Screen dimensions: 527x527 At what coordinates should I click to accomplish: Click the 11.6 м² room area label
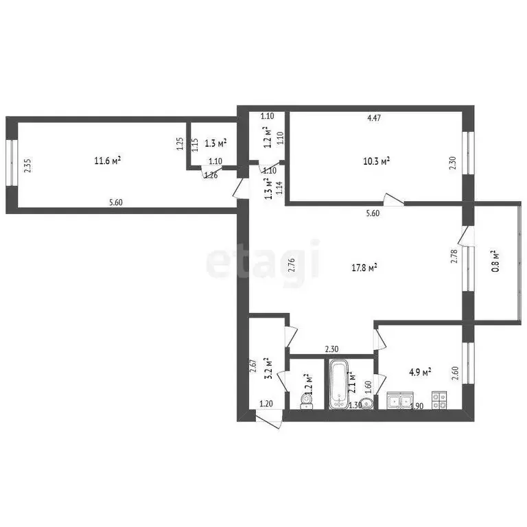point(108,161)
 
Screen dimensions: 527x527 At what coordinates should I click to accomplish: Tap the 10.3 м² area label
point(377,161)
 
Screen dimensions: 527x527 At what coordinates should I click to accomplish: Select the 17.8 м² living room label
point(363,267)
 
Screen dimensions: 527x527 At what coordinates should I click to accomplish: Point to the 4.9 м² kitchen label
point(420,373)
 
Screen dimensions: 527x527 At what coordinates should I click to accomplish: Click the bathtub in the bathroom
point(338,385)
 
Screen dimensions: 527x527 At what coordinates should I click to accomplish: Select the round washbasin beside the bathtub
point(367,403)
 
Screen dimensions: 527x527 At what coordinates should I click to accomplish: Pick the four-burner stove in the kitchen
point(439,399)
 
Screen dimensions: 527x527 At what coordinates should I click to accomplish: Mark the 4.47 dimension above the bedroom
point(373,118)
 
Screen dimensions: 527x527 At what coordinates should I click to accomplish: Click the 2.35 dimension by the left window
point(27,167)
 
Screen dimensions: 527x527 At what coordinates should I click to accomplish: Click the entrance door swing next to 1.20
point(268,420)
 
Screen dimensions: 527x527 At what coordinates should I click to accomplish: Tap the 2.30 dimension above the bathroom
point(331,349)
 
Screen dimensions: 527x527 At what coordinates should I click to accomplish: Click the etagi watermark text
point(263,260)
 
